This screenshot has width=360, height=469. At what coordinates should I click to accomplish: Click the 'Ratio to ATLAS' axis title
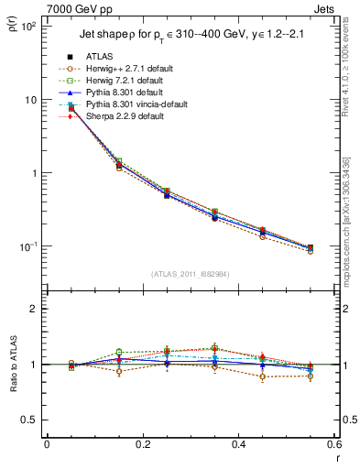coord(13,365)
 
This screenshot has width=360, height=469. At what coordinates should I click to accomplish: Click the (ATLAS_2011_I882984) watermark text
coord(190,273)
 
